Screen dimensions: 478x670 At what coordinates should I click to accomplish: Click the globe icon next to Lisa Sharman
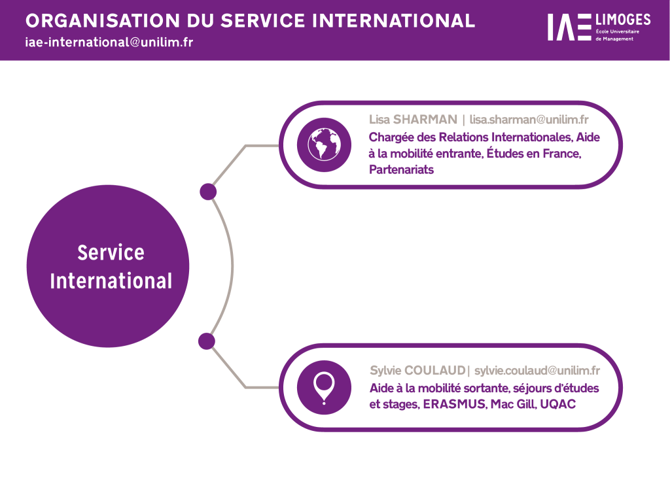pos(319,145)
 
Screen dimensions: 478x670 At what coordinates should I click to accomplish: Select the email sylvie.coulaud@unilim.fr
pos(537,371)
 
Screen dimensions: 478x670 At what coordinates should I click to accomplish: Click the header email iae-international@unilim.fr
pos(109,42)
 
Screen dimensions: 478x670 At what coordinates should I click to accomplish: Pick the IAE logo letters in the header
pos(569,27)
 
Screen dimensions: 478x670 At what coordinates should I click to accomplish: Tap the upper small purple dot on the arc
pos(207,192)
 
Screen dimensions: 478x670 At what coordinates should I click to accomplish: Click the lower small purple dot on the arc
pos(207,341)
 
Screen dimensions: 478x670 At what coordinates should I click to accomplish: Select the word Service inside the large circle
pos(111,252)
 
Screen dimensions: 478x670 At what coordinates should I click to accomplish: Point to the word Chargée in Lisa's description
pos(391,137)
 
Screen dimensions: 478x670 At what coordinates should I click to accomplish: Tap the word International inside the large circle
pos(111,281)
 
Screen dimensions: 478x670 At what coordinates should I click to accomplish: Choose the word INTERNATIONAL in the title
pos(393,20)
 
